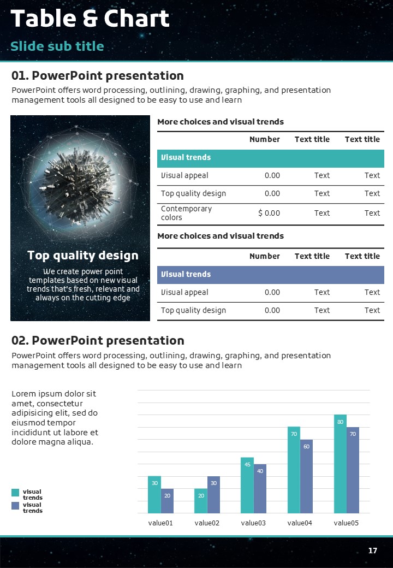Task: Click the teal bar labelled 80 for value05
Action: pos(340,464)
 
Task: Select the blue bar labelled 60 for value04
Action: pos(306,476)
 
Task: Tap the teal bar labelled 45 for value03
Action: pos(247,485)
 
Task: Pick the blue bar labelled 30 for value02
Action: pos(213,495)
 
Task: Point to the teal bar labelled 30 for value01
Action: pos(154,495)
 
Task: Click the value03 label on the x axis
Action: pos(253,523)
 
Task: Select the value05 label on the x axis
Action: pos(346,523)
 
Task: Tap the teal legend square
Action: pos(15,493)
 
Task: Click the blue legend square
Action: pos(15,506)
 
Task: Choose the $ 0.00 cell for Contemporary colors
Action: pos(269,213)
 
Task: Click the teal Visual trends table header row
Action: pos(271,157)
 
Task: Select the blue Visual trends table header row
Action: pos(271,274)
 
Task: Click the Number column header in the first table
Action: pos(264,139)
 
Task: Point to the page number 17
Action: pos(373,551)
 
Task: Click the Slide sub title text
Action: pos(57,46)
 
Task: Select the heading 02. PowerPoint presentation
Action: pos(98,341)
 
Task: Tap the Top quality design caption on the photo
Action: pos(83,255)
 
